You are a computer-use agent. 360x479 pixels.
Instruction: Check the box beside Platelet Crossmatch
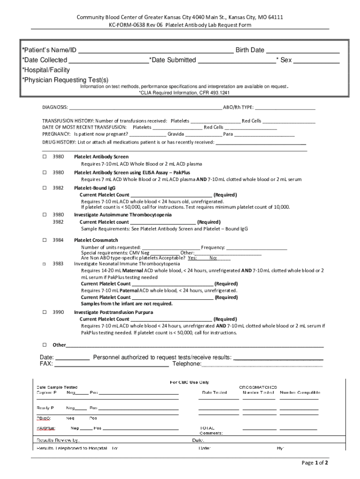(x=44, y=240)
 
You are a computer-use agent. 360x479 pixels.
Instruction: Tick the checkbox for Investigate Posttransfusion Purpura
(x=44, y=312)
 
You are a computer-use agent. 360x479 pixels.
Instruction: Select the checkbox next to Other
(x=44, y=345)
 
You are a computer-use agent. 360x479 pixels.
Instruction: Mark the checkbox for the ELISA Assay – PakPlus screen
(x=44, y=173)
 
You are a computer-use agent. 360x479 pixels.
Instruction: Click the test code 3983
(x=58, y=263)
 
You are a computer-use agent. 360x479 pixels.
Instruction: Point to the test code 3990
(x=58, y=312)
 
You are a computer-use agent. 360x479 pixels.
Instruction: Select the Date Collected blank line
(x=108, y=60)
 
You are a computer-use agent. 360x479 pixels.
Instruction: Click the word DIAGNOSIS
(x=55, y=107)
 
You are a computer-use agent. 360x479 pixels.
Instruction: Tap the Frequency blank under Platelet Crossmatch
(x=257, y=247)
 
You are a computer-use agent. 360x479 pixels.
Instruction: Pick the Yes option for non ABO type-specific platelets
(x=192, y=258)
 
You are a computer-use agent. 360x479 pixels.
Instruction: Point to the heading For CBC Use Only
(x=189, y=382)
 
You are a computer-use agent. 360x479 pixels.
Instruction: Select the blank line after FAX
(x=112, y=364)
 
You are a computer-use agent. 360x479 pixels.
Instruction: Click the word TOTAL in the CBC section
(x=207, y=428)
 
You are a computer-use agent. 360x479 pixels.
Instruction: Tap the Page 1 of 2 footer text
(x=315, y=463)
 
